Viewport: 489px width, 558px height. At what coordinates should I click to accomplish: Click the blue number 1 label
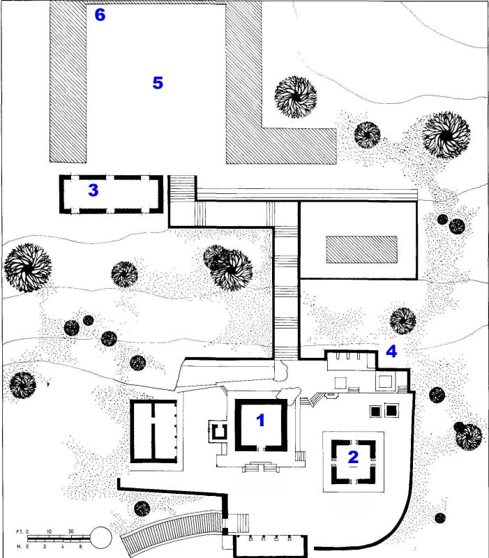coord(261,420)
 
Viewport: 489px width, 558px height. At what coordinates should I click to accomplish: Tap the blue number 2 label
coord(353,458)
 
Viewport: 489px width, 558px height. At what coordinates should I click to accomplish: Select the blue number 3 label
coord(93,190)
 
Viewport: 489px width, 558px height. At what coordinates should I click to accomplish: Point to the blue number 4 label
coord(391,352)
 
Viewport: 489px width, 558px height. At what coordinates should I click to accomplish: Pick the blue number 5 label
coord(158,83)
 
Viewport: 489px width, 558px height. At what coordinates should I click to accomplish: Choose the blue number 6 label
coord(100,15)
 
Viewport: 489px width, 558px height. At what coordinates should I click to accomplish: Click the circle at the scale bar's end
coord(100,538)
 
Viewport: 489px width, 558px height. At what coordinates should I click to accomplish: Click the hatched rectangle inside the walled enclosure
coord(362,249)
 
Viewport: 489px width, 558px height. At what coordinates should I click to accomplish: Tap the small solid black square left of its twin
coord(375,411)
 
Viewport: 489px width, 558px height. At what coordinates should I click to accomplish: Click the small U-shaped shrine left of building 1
coord(218,431)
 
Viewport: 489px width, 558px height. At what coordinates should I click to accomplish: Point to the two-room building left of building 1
coord(153,430)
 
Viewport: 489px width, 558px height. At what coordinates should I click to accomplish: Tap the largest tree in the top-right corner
coord(446,135)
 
